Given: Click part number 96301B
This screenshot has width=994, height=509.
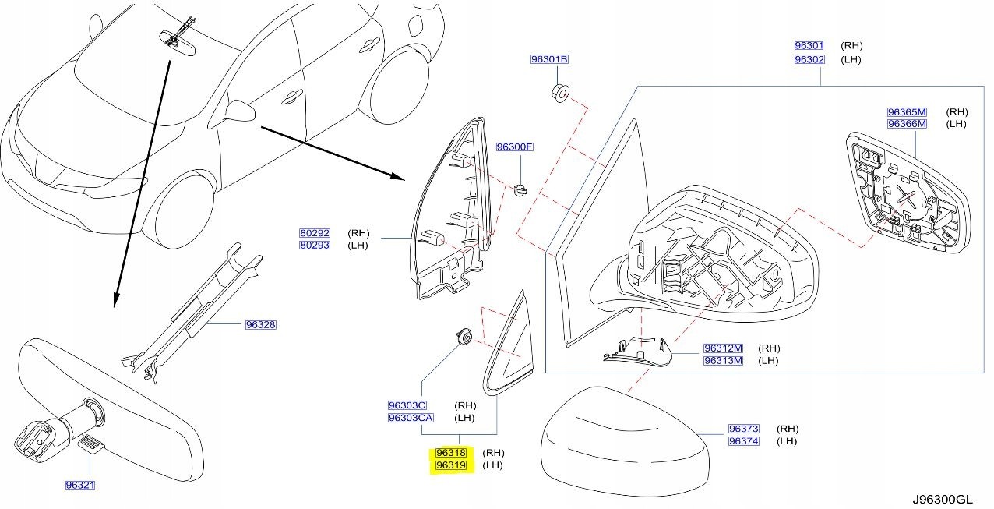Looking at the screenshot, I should coord(549,60).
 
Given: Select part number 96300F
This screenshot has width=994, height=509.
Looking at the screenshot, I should coord(515,147).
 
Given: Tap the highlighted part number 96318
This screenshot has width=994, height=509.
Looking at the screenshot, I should coord(451,453).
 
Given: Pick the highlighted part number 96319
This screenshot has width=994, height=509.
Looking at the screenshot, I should coord(451,465).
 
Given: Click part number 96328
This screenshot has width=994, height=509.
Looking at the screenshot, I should coord(260,324).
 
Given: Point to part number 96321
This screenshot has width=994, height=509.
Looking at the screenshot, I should coord(80,485).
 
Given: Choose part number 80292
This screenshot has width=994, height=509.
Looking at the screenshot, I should coord(315,233).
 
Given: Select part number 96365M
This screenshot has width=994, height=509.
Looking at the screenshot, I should coord(907,111).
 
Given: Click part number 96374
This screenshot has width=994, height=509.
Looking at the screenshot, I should coord(743,441).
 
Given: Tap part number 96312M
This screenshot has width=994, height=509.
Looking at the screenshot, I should coord(723,348).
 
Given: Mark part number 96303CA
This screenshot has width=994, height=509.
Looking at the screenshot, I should coord(410,418).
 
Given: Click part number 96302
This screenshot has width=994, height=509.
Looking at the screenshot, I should coord(809,59).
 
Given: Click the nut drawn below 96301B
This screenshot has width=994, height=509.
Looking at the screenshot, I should coord(559,91).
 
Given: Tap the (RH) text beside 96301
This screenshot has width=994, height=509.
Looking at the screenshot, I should coord(851,46).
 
